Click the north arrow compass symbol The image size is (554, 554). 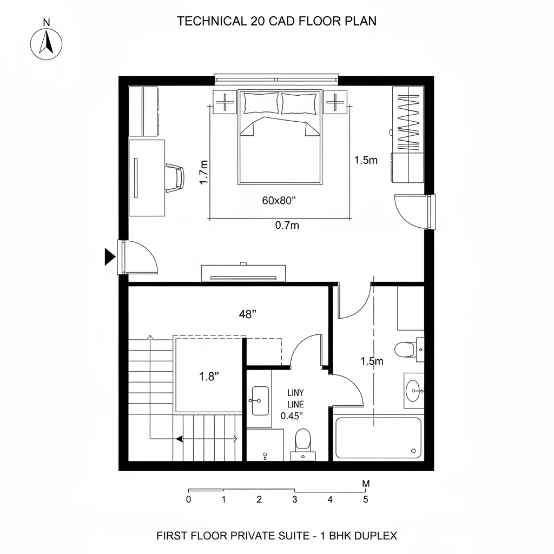tap(47, 43)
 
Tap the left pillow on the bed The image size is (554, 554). tap(261, 103)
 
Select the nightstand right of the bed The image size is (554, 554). tap(336, 102)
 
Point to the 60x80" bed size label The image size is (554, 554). tap(279, 201)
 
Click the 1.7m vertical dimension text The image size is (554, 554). tap(204, 173)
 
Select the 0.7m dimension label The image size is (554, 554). tap(287, 226)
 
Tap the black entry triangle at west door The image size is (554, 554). tap(110, 256)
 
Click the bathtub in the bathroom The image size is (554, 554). tap(378, 438)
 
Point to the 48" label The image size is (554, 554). tap(247, 314)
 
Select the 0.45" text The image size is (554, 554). tap(292, 416)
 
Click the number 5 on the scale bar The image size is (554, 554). tap(366, 499)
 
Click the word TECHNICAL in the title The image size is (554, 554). tap(212, 22)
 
